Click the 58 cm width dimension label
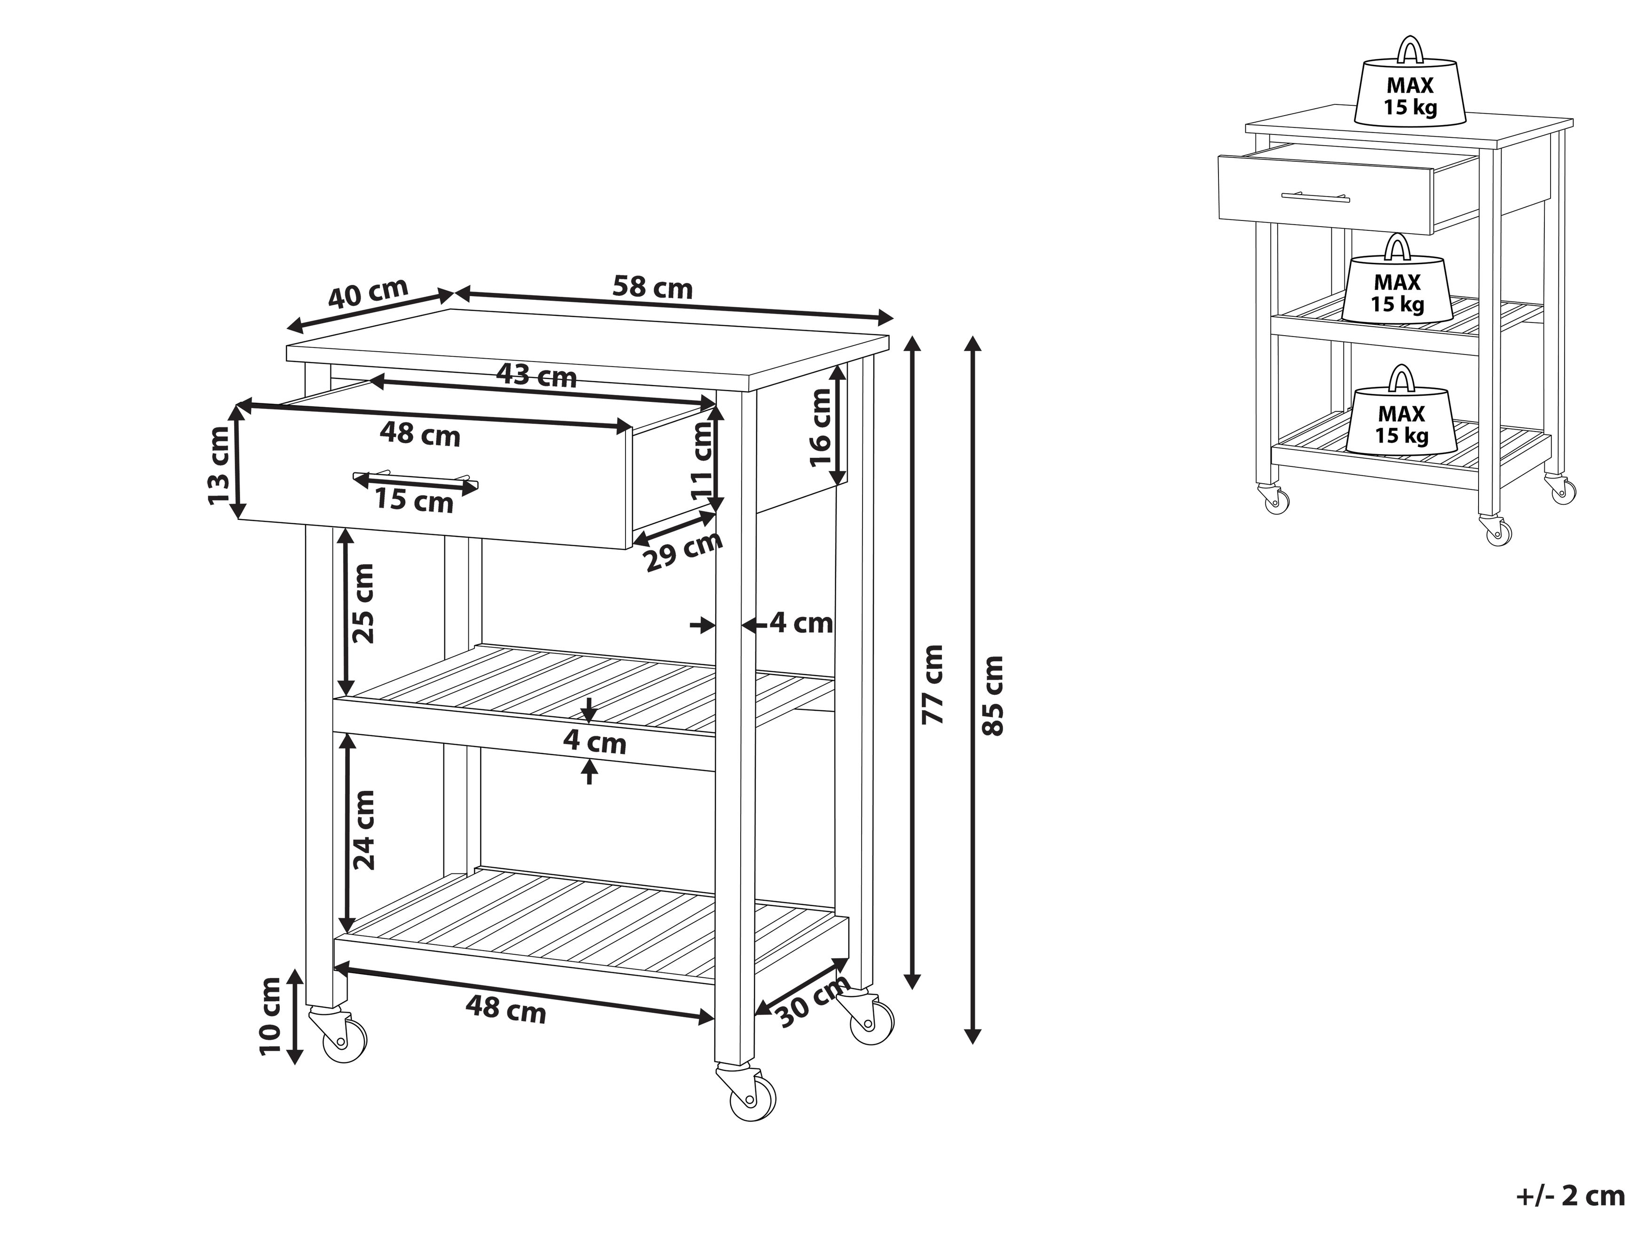click(x=653, y=288)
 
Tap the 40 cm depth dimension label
click(x=368, y=293)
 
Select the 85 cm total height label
click(x=993, y=695)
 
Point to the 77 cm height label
click(x=933, y=684)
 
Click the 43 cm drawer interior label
click(x=537, y=377)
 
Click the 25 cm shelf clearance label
click(x=363, y=603)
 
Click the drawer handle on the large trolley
click(x=415, y=478)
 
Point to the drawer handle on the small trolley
click(x=1315, y=197)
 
